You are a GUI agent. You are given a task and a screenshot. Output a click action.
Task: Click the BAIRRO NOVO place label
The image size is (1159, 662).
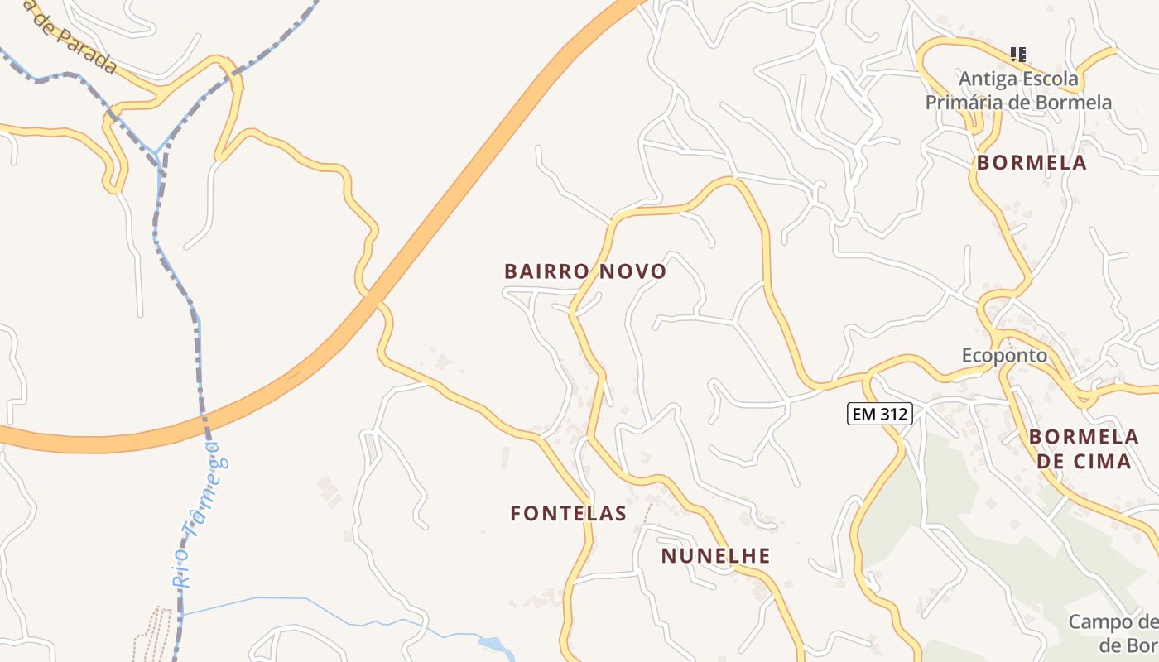pyautogui.click(x=585, y=271)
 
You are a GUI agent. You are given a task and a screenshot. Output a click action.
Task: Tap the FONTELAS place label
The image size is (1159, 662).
pyautogui.click(x=568, y=513)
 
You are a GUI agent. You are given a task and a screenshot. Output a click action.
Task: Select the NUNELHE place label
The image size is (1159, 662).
pyautogui.click(x=715, y=556)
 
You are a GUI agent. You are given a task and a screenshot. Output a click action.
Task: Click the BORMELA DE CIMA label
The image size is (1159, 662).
pyautogui.click(x=1084, y=449)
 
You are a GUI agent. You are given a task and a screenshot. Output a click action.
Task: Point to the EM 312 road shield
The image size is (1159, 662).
pyautogui.click(x=879, y=414)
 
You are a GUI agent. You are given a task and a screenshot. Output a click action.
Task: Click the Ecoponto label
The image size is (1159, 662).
pyautogui.click(x=1004, y=356)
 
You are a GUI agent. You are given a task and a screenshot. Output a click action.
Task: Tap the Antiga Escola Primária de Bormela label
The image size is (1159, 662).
pyautogui.click(x=1018, y=91)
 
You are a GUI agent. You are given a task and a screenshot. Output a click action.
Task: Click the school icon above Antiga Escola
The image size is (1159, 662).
pyautogui.click(x=1018, y=55)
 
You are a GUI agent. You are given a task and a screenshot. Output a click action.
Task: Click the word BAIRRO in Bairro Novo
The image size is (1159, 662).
pyautogui.click(x=546, y=271)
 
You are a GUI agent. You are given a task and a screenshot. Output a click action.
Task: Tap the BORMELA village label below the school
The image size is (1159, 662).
pyautogui.click(x=1032, y=163)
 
